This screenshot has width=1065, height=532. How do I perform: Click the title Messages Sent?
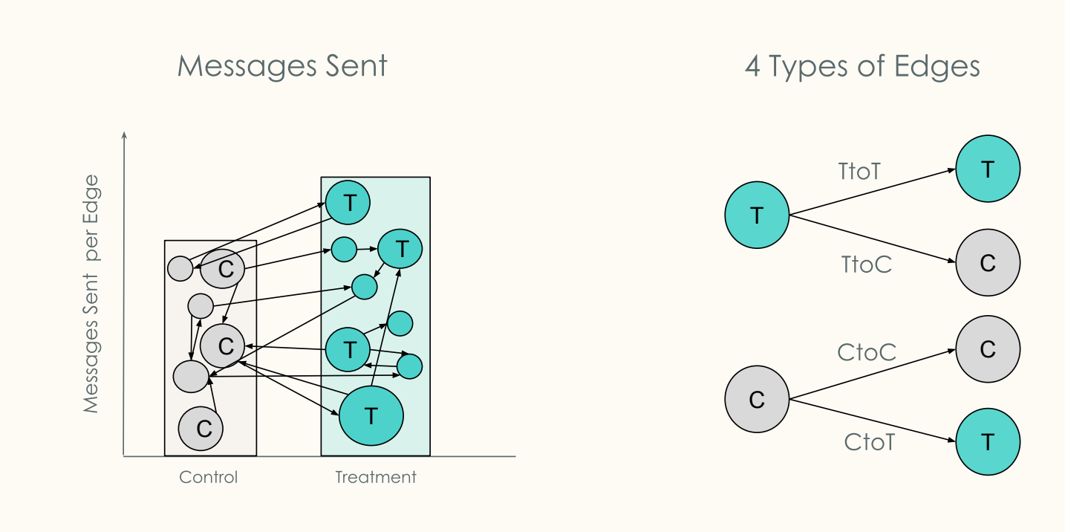[282, 66]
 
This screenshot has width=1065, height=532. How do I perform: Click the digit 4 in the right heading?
[753, 67]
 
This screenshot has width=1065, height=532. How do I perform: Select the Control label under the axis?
[209, 477]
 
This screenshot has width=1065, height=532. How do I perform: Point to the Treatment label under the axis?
[376, 477]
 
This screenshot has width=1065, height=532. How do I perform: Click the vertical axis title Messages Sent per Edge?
[91, 294]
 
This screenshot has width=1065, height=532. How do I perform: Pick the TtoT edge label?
[859, 172]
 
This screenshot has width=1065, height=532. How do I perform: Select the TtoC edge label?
[866, 264]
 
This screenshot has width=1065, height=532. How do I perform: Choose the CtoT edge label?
[869, 443]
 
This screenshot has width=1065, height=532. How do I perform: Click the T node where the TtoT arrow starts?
[757, 215]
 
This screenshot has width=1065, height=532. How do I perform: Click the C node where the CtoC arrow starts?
[757, 400]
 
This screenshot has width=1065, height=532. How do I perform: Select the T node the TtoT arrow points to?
[988, 169]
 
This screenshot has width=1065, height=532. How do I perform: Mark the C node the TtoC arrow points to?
[988, 263]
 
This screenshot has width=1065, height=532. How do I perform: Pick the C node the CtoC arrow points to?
[988, 349]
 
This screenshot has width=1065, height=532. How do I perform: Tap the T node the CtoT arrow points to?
[988, 441]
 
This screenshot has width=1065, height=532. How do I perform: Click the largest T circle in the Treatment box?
[371, 416]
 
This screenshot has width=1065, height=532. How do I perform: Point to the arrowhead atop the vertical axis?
[124, 135]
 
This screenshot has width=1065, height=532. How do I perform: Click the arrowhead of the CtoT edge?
[951, 441]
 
